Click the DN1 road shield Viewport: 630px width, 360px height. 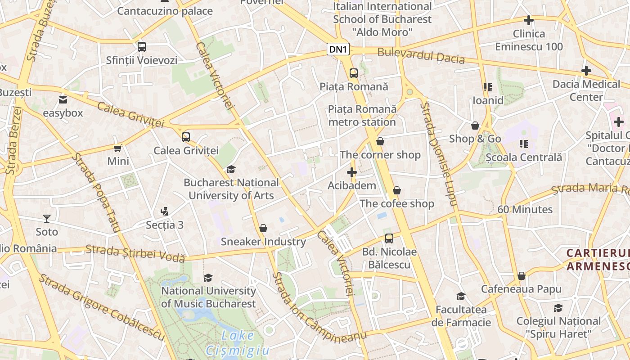pyautogui.click(x=338, y=49)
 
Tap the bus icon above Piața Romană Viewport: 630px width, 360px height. pyautogui.click(x=353, y=73)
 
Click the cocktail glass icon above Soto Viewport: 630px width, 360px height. pyautogui.click(x=47, y=219)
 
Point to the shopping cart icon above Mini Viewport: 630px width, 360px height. pyautogui.click(x=118, y=148)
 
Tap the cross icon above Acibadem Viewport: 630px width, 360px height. pyautogui.click(x=352, y=172)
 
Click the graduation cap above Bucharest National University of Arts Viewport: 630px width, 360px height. pyautogui.click(x=231, y=169)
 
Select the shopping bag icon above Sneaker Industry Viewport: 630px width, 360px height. pyautogui.click(x=263, y=228)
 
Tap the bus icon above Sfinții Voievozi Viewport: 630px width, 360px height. pyautogui.click(x=142, y=47)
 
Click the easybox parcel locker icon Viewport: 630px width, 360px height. pyautogui.click(x=63, y=100)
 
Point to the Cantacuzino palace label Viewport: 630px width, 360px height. pyautogui.click(x=165, y=11)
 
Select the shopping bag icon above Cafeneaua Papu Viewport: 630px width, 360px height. pyautogui.click(x=522, y=276)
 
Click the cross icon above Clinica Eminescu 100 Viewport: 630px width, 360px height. pyautogui.click(x=529, y=20)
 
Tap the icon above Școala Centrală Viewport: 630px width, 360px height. pyautogui.click(x=524, y=144)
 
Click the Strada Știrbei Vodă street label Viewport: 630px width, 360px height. pyautogui.click(x=135, y=253)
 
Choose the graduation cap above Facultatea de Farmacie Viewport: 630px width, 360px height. pyautogui.click(x=461, y=296)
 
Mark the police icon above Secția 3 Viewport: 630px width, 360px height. pyautogui.click(x=164, y=211)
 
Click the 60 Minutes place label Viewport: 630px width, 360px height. pyautogui.click(x=525, y=209)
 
